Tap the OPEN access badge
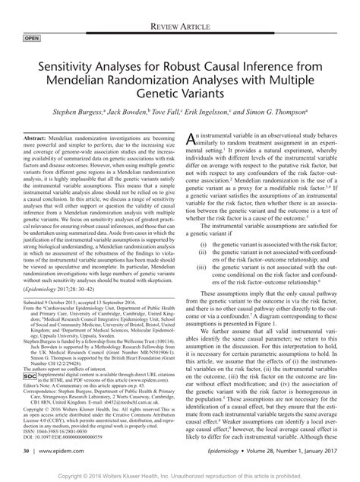[x=33, y=36]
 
